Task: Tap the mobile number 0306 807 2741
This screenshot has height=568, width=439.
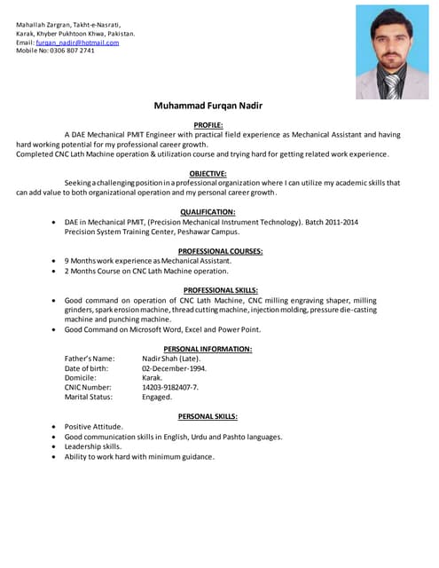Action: (x=73, y=51)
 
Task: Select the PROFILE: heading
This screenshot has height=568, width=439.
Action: (x=208, y=125)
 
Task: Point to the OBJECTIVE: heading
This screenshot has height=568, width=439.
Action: (x=208, y=173)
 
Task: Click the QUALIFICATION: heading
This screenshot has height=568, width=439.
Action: (x=208, y=211)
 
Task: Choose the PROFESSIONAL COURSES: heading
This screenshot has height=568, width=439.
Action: (x=208, y=251)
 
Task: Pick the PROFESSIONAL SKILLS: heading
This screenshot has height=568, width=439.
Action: (x=208, y=290)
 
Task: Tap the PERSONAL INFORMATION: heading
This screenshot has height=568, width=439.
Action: (x=208, y=349)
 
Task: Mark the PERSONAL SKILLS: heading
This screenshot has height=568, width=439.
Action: (x=208, y=415)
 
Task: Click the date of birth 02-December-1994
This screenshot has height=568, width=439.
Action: (x=174, y=367)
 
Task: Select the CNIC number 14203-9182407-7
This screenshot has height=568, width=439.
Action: (x=170, y=387)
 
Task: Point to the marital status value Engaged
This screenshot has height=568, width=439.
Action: (x=157, y=397)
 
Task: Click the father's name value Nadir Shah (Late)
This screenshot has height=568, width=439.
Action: (x=171, y=358)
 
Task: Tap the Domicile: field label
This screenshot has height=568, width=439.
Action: (x=82, y=377)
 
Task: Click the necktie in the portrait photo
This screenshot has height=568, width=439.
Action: (x=391, y=85)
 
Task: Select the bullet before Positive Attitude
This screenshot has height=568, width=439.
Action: (x=55, y=427)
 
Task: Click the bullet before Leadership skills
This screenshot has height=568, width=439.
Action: (x=55, y=446)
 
